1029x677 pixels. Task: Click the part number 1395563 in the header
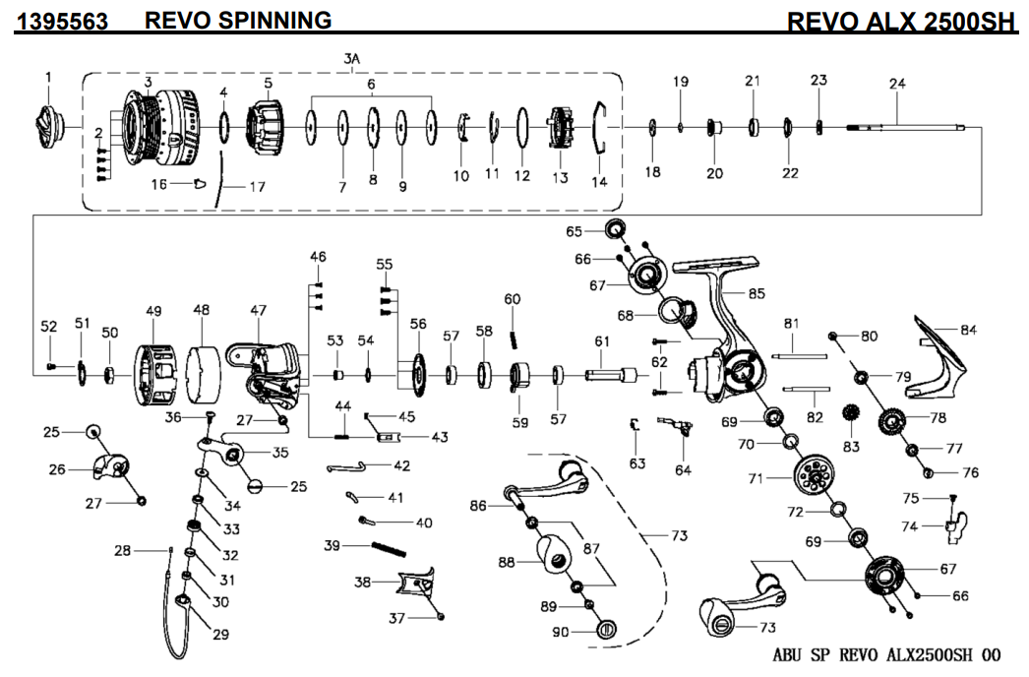pyautogui.click(x=62, y=21)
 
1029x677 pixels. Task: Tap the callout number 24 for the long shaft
pyautogui.click(x=896, y=84)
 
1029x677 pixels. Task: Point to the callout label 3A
pyautogui.click(x=351, y=60)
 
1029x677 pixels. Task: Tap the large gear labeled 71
pyautogui.click(x=813, y=479)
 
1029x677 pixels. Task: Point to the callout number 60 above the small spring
pyautogui.click(x=512, y=299)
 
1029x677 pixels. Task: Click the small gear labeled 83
pyautogui.click(x=852, y=417)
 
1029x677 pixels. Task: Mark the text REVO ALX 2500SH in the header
pyautogui.click(x=901, y=21)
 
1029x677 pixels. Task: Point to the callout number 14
pyautogui.click(x=599, y=181)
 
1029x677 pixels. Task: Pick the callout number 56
pyautogui.click(x=418, y=324)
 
